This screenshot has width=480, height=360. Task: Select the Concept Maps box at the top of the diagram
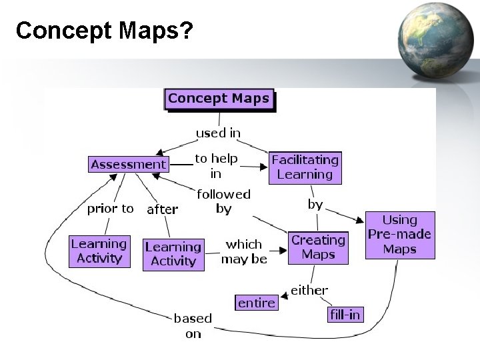pyautogui.click(x=219, y=99)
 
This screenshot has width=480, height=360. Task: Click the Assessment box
pyautogui.click(x=129, y=164)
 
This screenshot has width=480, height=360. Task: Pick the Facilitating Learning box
pyautogui.click(x=305, y=167)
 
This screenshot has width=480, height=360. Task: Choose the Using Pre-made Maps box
pyautogui.click(x=400, y=235)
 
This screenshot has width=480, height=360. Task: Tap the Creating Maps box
pyautogui.click(x=318, y=247)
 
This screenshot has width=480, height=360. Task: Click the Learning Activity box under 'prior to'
pyautogui.click(x=99, y=251)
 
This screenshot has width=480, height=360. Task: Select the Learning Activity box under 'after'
pyautogui.click(x=173, y=254)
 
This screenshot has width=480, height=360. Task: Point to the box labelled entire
pyautogui.click(x=256, y=303)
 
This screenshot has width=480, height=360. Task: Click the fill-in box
pyautogui.click(x=345, y=315)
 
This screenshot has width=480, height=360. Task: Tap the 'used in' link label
pyautogui.click(x=218, y=133)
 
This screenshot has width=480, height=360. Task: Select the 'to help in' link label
pyautogui.click(x=216, y=167)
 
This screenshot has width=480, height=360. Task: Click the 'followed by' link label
pyautogui.click(x=223, y=201)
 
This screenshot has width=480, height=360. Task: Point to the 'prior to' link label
pyautogui.click(x=110, y=209)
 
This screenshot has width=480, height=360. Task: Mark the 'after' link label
pyautogui.click(x=162, y=209)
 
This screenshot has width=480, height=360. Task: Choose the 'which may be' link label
pyautogui.click(x=244, y=251)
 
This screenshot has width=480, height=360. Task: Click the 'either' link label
pyautogui.click(x=309, y=290)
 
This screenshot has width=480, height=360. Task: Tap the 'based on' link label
pyautogui.click(x=193, y=326)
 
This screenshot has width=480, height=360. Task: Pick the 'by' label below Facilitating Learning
pyautogui.click(x=315, y=205)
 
